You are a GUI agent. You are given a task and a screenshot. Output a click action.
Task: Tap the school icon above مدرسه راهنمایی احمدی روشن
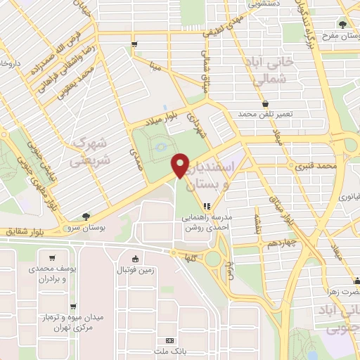(x=207, y=207)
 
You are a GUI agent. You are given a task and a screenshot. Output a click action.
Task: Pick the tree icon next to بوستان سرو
(x=86, y=216)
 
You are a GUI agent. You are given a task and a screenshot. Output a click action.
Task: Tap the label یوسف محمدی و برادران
(x=48, y=274)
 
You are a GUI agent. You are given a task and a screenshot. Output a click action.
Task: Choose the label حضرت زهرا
(x=339, y=290)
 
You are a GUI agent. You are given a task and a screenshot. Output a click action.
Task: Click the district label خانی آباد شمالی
(x=262, y=72)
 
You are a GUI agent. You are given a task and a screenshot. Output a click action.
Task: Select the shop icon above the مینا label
(x=134, y=45)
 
